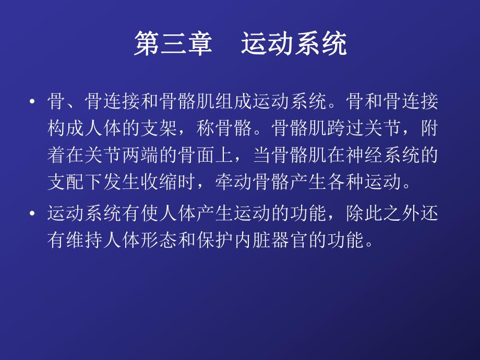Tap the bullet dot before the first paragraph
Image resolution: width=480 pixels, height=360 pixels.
tap(33, 102)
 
